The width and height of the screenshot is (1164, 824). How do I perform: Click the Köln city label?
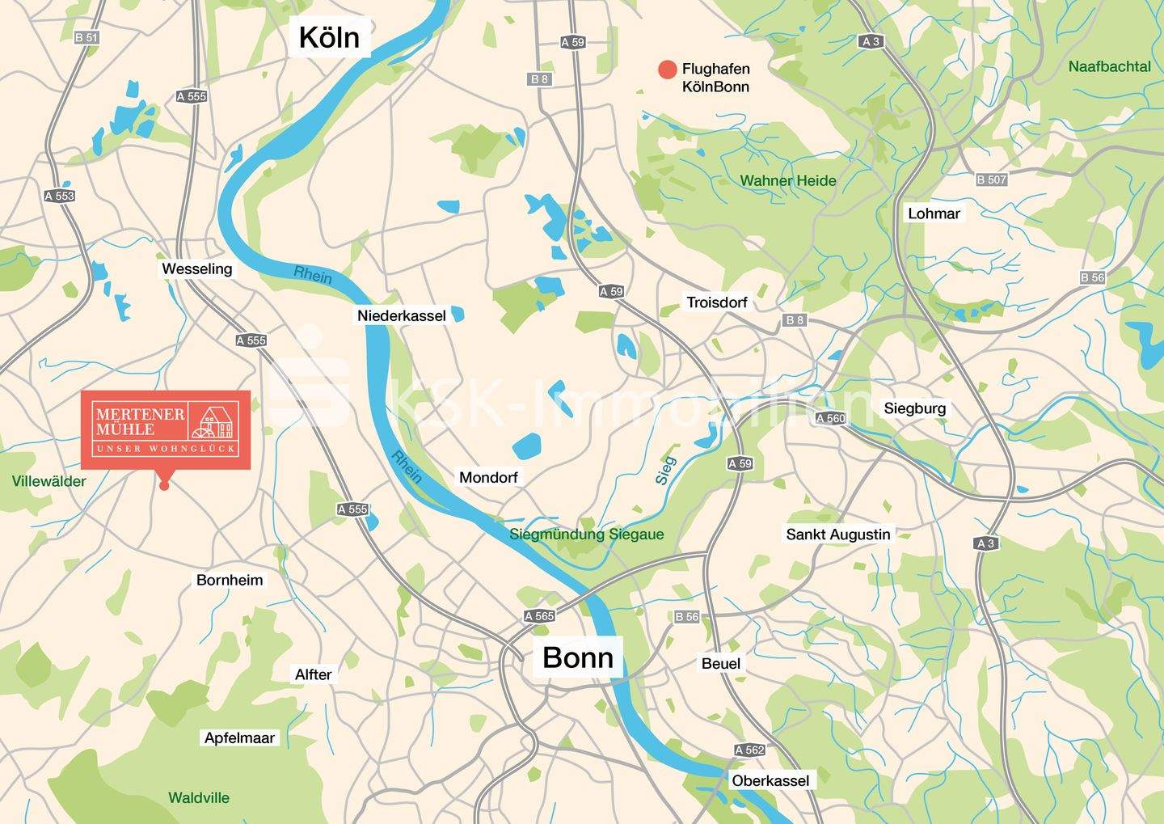pos(329,37)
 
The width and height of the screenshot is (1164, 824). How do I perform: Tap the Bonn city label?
pos(577,657)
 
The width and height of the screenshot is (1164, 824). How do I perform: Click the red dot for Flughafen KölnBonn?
pos(667,70)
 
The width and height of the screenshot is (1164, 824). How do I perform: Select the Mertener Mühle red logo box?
pos(166,429)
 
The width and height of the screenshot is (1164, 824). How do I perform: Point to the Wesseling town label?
pos(196,268)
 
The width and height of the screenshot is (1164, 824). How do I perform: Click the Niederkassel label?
pos(402,315)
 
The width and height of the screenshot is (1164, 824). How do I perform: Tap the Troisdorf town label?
pos(717,302)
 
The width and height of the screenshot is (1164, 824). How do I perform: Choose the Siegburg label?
pos(914,408)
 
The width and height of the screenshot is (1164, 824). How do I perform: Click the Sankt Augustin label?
pos(838,535)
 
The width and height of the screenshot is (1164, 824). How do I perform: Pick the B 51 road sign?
pos(86,37)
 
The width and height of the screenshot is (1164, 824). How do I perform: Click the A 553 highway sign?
pos(59,196)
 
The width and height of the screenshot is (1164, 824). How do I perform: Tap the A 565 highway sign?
pos(539,616)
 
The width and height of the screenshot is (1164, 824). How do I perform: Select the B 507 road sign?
pos(991,180)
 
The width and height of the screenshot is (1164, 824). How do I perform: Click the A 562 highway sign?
pos(749,750)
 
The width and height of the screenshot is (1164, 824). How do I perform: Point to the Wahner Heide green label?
pos(788,180)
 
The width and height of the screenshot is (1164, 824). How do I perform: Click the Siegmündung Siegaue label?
pos(586,535)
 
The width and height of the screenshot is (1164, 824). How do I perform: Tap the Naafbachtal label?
pos(1109,66)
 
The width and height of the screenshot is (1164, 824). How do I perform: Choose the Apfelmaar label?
pos(239,737)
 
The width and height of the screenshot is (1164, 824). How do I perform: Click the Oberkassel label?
pos(770,780)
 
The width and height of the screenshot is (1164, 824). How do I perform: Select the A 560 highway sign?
pos(830,418)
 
